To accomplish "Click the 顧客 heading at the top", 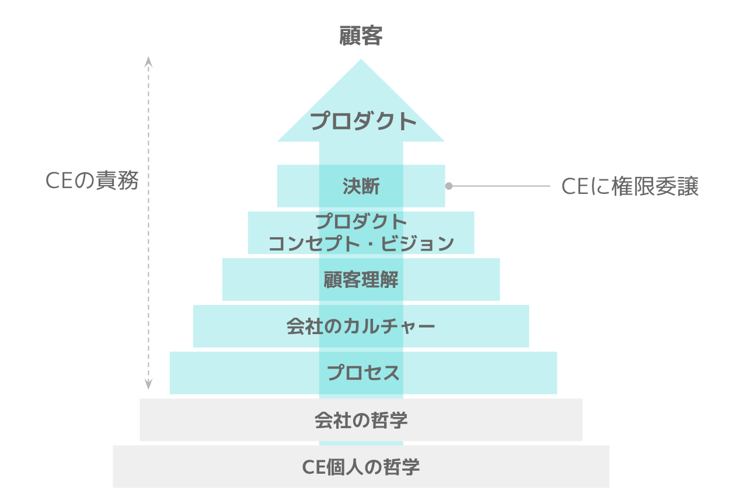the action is (x=361, y=36).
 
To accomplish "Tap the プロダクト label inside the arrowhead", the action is (x=363, y=121).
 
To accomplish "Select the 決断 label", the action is (x=361, y=186).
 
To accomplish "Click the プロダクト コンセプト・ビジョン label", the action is (x=361, y=232).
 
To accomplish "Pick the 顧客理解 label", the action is (x=361, y=279).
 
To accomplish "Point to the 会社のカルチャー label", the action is (x=361, y=326).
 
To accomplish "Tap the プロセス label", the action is (x=363, y=373).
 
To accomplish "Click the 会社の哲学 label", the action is (x=361, y=420).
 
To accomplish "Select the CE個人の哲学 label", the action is (x=361, y=467).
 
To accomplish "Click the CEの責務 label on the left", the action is (x=92, y=180).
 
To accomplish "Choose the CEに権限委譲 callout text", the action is (x=630, y=186).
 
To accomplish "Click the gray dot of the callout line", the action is (x=449, y=186).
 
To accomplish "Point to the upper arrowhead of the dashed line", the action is (x=148, y=62).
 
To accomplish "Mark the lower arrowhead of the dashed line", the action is (x=148, y=384).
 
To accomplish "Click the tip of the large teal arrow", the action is (x=361, y=59).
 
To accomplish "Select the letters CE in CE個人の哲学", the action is (x=314, y=467).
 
